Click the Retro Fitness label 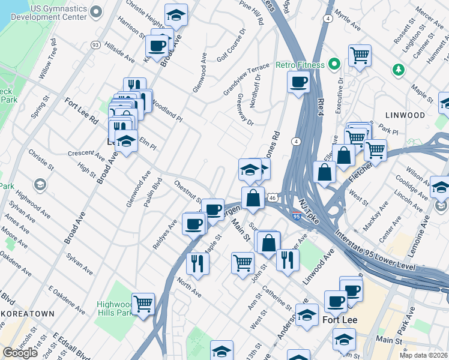[300, 65]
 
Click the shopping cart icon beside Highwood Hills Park [143, 304]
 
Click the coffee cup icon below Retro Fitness [298, 82]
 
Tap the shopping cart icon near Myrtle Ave [360, 56]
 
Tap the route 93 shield [95, 45]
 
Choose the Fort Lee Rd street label [81, 110]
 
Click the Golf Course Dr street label [232, 44]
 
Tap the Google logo [20, 353]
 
